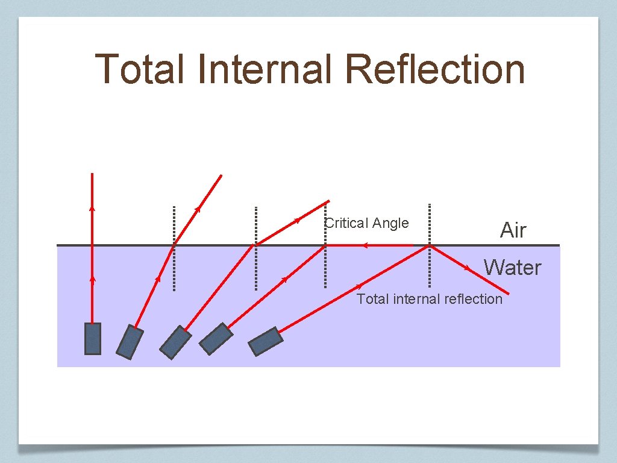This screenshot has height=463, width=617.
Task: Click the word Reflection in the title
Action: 435,69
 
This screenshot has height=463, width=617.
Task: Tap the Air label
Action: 513,230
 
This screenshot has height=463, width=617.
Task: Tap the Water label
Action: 513,267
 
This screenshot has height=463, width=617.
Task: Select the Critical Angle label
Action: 367,223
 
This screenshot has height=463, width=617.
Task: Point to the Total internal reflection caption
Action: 429,299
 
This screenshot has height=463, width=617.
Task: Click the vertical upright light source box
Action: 93,338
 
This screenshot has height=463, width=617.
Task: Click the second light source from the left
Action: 130,342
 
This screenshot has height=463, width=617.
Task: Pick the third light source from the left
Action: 175,342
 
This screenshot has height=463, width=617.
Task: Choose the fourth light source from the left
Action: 216,339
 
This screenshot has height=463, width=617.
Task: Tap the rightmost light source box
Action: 266,341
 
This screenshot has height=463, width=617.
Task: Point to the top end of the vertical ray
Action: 92,174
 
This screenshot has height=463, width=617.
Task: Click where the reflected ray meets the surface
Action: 430,245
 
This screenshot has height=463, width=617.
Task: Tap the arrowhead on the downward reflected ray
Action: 468,267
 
